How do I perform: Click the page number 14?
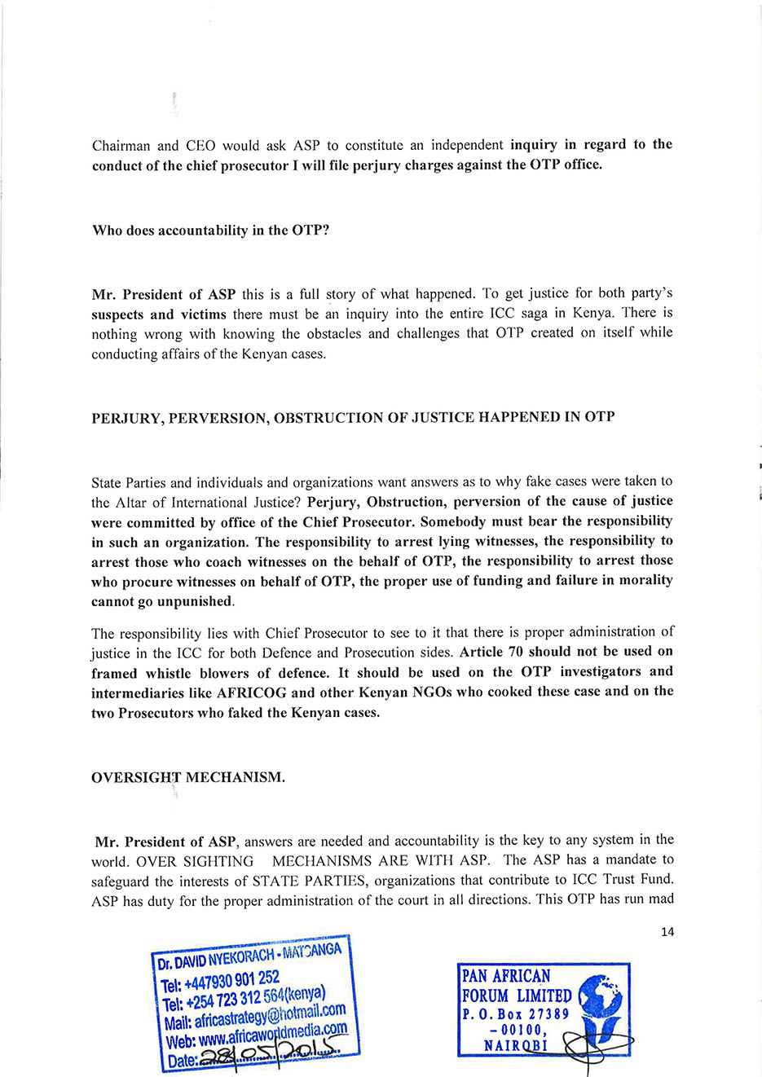667,931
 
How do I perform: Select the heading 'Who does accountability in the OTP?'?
210,230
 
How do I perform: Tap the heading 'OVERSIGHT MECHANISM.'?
188,777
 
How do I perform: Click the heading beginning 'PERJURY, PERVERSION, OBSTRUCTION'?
353,417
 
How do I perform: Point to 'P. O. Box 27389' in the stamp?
515,1014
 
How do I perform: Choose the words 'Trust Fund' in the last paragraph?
641,880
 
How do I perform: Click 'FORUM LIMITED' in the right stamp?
517,996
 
